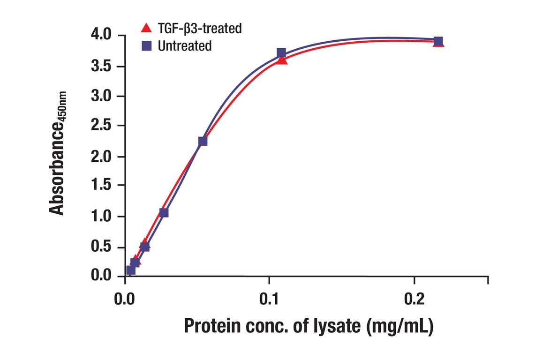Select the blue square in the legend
coord(146,46)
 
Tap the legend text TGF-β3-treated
coord(200,29)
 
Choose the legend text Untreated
coord(185,46)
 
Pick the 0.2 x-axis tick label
coord(414,299)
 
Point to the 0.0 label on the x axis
coord(125,299)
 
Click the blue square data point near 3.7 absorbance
coord(281,52)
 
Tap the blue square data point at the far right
coord(438,41)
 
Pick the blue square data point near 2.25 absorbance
coord(203,141)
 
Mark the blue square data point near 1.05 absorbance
coord(164,213)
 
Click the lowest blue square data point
coord(130,270)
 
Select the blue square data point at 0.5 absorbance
coord(145,247)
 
